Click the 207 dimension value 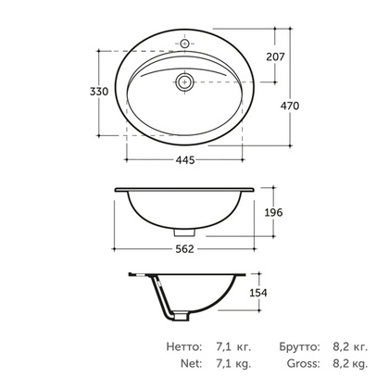(276, 56)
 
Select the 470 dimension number (290, 106)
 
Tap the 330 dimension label (99, 92)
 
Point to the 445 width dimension (185, 160)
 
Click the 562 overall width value (184, 249)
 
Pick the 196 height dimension (273, 212)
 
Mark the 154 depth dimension (258, 293)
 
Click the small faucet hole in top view (184, 44)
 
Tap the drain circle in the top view (185, 82)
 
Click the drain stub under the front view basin (185, 232)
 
